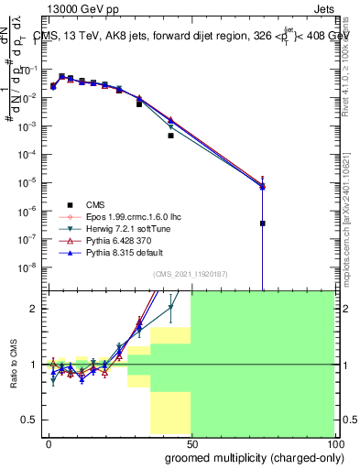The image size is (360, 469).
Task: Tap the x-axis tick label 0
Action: pyautogui.click(x=49, y=442)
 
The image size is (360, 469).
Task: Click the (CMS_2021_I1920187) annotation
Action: pyautogui.click(x=191, y=274)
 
